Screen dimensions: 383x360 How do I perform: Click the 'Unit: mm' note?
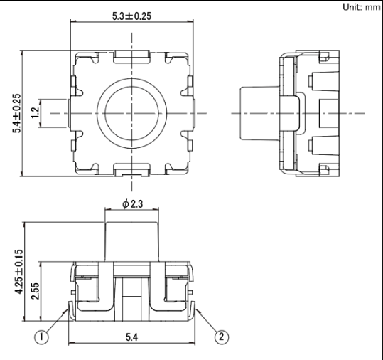tap(362, 7)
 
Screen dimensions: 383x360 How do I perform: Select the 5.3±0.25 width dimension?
tap(131, 16)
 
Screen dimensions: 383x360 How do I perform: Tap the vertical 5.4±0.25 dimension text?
tap(17, 114)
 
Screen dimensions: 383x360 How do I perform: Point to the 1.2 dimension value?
tap(36, 112)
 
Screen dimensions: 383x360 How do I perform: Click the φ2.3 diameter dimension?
tap(133, 203)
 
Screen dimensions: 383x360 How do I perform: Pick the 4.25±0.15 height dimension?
tap(18, 272)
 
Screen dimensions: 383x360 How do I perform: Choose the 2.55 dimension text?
tap(35, 291)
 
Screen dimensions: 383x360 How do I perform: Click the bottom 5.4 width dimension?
tap(131, 337)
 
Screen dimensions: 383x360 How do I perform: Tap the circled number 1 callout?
tap(41, 337)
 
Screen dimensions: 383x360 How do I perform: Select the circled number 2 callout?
tap(222, 337)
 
